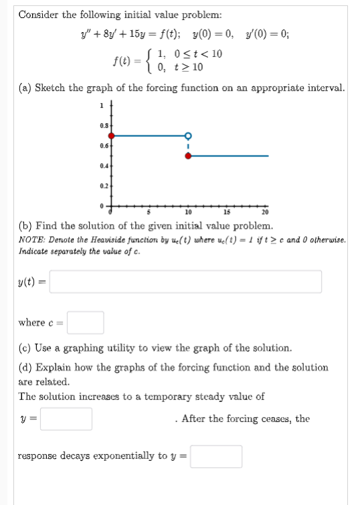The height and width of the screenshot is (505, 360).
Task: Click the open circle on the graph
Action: click(188, 136)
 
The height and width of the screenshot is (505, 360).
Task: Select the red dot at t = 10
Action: click(188, 156)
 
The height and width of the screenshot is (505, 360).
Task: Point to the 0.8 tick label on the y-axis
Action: click(102, 124)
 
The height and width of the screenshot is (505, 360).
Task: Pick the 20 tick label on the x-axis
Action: click(266, 213)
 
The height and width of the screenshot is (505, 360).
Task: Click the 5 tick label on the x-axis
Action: click(150, 213)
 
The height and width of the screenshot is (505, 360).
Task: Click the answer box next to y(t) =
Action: click(185, 281)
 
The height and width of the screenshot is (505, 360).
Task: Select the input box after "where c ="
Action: click(85, 322)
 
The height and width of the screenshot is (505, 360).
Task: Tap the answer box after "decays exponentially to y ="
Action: click(217, 456)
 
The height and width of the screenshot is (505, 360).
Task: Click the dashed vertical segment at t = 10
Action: click(188, 146)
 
